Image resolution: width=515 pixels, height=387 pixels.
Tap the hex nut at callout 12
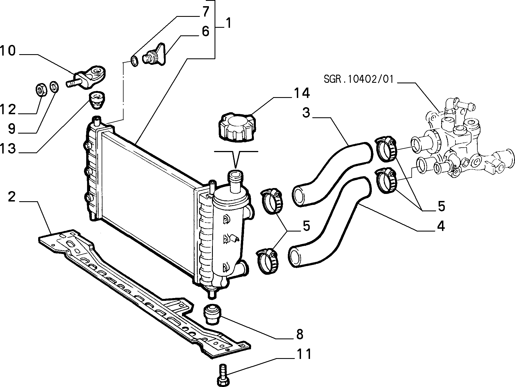click(42, 90)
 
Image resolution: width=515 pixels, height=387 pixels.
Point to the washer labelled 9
click(54, 87)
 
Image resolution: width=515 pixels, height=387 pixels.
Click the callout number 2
click(11, 197)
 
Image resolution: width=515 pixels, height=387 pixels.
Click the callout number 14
click(302, 93)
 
